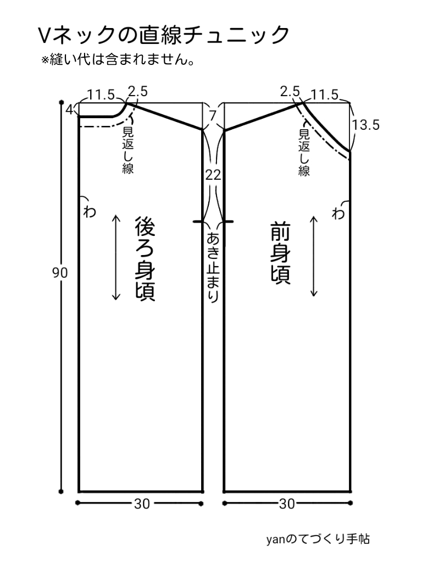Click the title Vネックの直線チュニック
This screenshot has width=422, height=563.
(163, 36)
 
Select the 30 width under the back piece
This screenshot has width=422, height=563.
(142, 503)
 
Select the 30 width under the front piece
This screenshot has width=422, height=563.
(287, 503)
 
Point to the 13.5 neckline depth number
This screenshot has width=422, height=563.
(366, 125)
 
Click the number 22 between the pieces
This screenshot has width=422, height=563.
(213, 175)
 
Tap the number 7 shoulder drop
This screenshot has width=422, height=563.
(213, 115)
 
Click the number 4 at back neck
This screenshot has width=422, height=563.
(70, 109)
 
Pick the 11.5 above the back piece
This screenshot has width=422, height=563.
(101, 95)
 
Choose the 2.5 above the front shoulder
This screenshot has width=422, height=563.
(290, 91)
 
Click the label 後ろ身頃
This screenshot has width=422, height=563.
(144, 258)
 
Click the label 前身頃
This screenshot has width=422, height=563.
(280, 253)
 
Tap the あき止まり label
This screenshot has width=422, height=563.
(213, 267)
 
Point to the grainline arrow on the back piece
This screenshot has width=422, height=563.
(116, 257)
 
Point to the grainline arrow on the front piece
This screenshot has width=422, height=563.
(314, 256)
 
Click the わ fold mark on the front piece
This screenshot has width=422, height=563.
(339, 213)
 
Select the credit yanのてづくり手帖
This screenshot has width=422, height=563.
(317, 539)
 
